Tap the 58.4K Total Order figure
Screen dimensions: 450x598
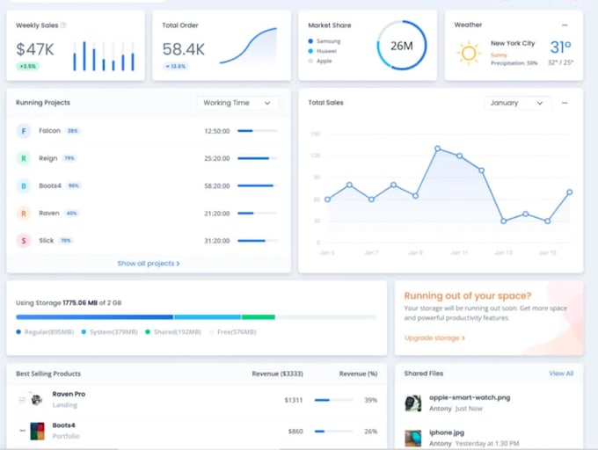pyautogui.click(x=184, y=49)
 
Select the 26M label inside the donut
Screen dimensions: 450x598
pyautogui.click(x=402, y=45)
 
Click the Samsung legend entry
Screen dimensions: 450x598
pyautogui.click(x=327, y=41)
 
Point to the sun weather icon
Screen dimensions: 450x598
pyautogui.click(x=469, y=53)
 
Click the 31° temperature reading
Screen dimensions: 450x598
pyautogui.click(x=560, y=47)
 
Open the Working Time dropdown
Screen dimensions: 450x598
pyautogui.click(x=237, y=103)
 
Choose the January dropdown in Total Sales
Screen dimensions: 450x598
pyautogui.click(x=517, y=103)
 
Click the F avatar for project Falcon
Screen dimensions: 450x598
pyautogui.click(x=24, y=131)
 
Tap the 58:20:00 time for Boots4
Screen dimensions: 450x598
pyautogui.click(x=216, y=185)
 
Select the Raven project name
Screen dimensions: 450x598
pyautogui.click(x=48, y=213)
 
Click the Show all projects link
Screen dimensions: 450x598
pyautogui.click(x=148, y=264)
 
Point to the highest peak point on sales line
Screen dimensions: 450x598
pyautogui.click(x=437, y=149)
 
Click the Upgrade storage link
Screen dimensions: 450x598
pyautogui.click(x=434, y=337)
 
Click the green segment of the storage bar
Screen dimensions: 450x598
pyautogui.click(x=258, y=316)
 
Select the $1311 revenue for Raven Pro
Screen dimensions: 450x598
pyautogui.click(x=293, y=400)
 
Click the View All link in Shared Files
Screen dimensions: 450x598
pyautogui.click(x=560, y=374)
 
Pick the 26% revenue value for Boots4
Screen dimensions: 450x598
pyautogui.click(x=370, y=432)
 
